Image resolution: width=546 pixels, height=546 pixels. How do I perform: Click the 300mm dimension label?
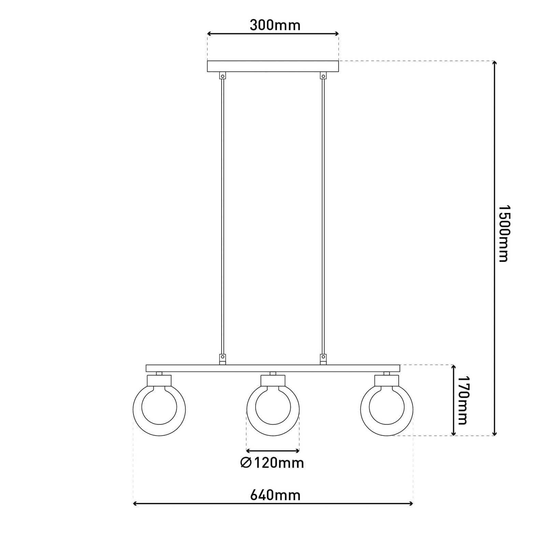point(275,25)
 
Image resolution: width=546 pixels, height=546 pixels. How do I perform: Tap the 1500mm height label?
point(503,233)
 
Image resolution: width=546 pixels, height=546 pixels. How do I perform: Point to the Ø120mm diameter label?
point(272,463)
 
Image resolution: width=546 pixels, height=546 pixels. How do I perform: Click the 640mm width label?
point(275,495)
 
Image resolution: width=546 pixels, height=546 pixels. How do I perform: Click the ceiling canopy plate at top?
point(273,66)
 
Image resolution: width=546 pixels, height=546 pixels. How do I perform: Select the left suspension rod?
point(222,217)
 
